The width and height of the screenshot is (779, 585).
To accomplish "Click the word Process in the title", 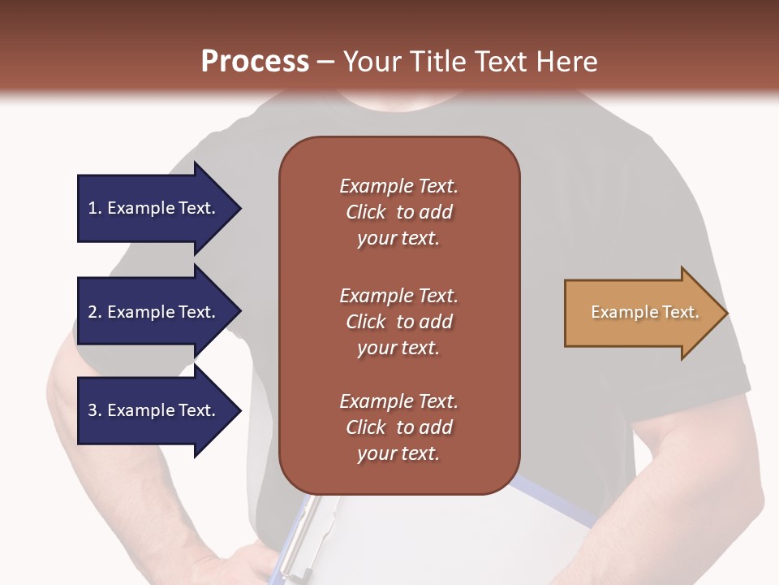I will (255, 62).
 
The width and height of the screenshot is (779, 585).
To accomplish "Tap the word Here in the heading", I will (567, 62).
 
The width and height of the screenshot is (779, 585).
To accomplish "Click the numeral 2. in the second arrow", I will (94, 312).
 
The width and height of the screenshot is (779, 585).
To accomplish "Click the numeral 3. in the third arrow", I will (94, 410).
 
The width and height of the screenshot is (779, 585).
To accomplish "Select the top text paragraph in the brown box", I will (398, 212).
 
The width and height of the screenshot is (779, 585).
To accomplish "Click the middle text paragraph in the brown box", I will (398, 322).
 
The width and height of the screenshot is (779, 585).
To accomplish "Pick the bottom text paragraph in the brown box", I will (398, 427).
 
